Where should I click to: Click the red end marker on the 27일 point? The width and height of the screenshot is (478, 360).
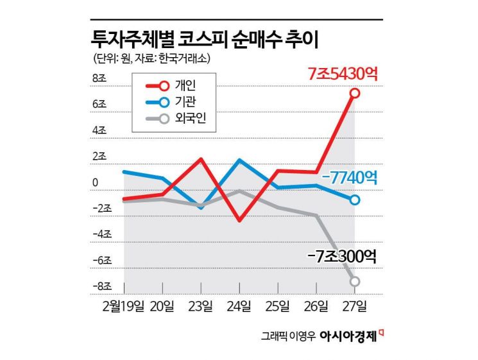point(355,94)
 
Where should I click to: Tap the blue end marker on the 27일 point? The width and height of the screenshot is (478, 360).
point(355,200)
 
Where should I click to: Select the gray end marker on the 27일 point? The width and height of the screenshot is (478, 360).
point(355,281)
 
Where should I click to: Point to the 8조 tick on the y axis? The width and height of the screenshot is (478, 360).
point(103,78)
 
